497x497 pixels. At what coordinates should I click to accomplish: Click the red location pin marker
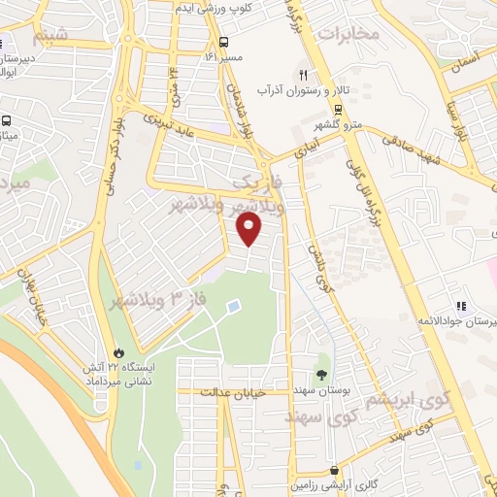[250, 228]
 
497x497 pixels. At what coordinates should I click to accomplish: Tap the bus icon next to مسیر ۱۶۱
[224, 42]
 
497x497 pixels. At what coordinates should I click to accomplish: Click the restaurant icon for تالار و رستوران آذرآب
[303, 74]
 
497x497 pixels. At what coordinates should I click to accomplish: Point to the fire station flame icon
[118, 350]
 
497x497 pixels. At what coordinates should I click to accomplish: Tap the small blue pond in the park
[233, 306]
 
